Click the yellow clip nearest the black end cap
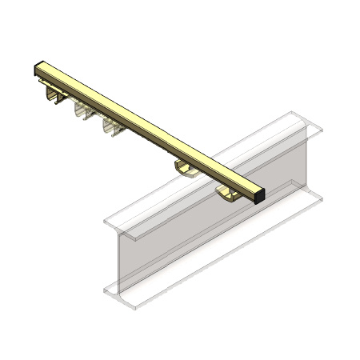(x=227, y=191)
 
